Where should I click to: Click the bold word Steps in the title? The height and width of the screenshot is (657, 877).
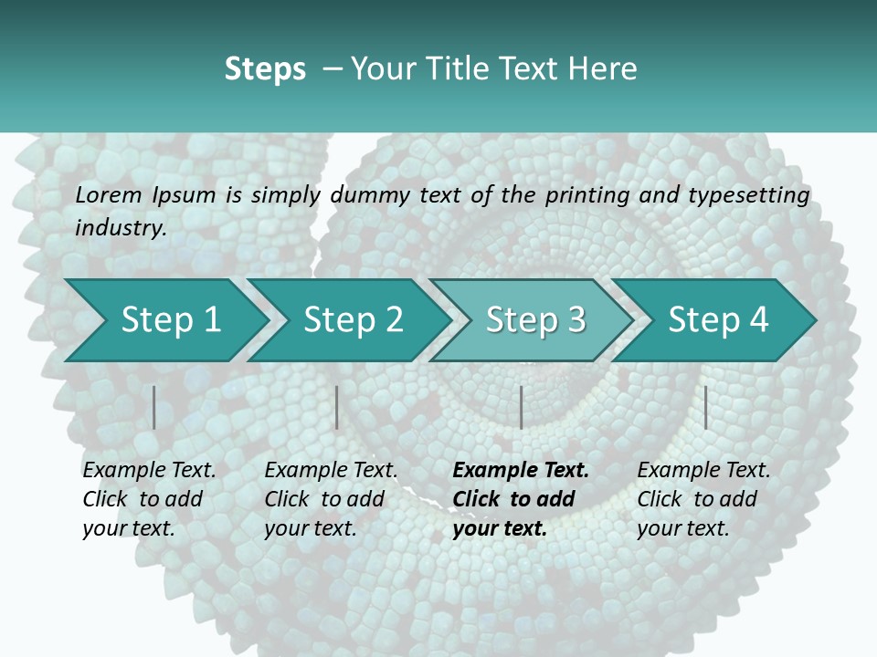point(265,69)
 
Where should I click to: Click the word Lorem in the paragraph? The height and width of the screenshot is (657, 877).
point(108,194)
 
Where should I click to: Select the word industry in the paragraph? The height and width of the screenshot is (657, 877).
point(120,228)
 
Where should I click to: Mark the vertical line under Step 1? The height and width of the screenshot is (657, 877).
point(154,407)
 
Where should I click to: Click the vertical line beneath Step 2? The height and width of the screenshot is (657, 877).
point(337,407)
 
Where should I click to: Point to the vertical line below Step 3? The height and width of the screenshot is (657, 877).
point(521,407)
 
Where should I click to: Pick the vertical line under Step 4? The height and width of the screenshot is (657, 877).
point(705,407)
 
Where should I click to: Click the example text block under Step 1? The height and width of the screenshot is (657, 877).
point(149,499)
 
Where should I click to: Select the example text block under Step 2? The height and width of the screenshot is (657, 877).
point(331,499)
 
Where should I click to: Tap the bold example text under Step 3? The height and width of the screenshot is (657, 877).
point(520,499)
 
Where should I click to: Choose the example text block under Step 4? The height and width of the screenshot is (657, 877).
point(703,499)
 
